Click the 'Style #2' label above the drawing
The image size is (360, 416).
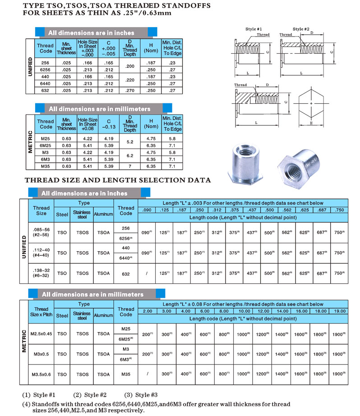tap(301, 29)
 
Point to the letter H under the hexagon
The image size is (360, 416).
tap(311, 123)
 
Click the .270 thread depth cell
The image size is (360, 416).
tap(130, 90)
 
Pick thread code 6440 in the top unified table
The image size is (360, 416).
tap(45, 83)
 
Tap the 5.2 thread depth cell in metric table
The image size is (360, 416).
tap(130, 142)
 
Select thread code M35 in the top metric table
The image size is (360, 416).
tap(45, 166)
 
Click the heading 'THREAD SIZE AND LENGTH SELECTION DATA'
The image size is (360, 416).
tap(118, 180)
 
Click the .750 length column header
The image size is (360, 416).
tap(339, 210)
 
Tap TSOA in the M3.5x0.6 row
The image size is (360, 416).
tap(103, 374)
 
